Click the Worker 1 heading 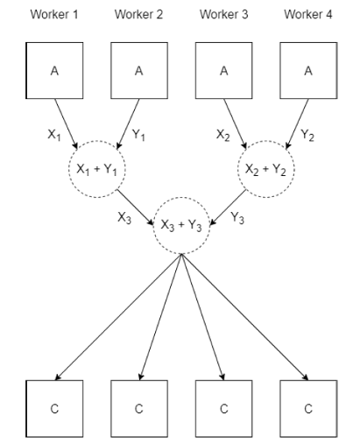tap(53, 15)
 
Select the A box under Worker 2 tap(138, 72)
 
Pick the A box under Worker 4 tap(307, 72)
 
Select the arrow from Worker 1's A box tap(67, 122)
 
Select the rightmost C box tap(307, 407)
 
